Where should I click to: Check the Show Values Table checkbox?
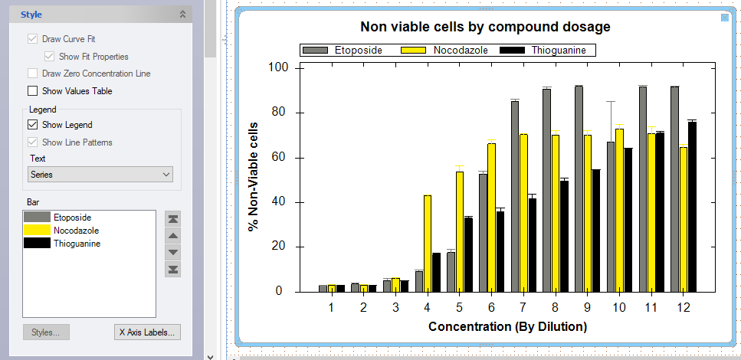tap(33, 91)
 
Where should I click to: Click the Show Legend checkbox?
tap(33, 125)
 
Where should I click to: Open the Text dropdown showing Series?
tap(100, 175)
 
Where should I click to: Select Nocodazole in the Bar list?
tap(76, 231)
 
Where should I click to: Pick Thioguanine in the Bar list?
tap(77, 244)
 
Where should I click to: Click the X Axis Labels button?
tap(148, 332)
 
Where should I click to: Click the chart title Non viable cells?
tap(484, 27)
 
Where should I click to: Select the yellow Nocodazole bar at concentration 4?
tap(428, 244)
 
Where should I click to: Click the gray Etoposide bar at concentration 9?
tap(579, 188)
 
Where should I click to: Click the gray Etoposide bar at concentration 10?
tap(611, 217)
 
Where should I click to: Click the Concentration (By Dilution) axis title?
tap(507, 327)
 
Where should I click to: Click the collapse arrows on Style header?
tap(182, 14)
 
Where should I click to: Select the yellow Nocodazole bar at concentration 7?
tap(523, 213)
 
